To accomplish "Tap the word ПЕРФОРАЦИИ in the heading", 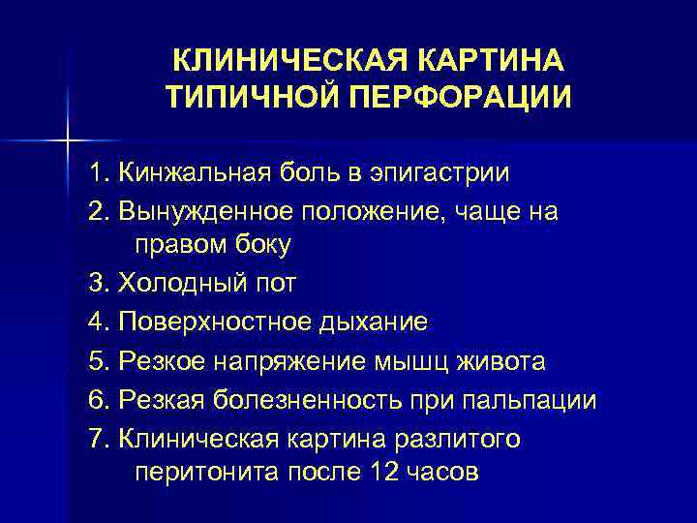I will click(455, 98).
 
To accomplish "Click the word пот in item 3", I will click(275, 283).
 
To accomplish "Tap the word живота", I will click(501, 361).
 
